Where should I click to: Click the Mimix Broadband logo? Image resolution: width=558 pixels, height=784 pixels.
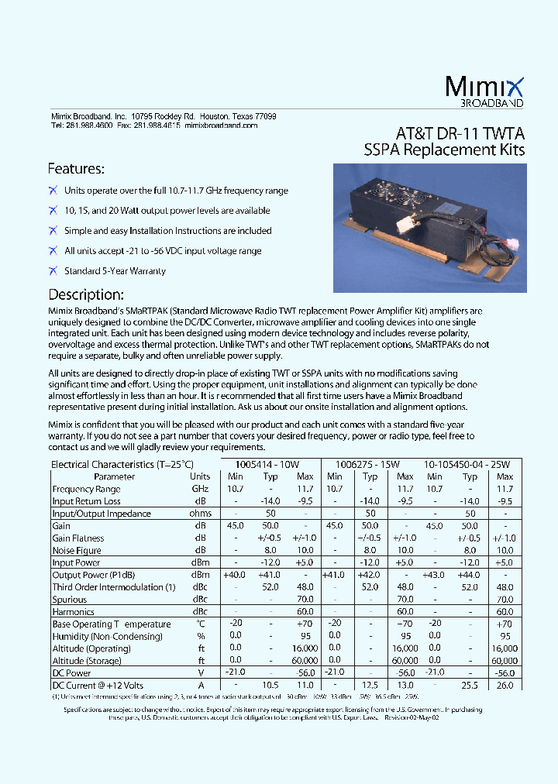485,91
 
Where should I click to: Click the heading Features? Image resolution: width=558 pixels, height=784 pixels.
76,168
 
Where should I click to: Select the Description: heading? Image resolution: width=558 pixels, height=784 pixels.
86,294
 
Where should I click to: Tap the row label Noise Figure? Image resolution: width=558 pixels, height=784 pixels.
77,550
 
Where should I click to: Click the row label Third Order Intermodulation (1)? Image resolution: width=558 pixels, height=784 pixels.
113,587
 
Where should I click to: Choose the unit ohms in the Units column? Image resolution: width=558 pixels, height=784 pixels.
200,514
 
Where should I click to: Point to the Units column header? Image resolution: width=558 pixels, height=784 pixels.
200,476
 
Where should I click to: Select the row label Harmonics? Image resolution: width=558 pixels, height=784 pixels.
73,612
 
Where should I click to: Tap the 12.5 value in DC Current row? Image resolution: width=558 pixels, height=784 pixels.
370,686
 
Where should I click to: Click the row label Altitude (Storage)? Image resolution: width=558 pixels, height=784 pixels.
87,661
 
